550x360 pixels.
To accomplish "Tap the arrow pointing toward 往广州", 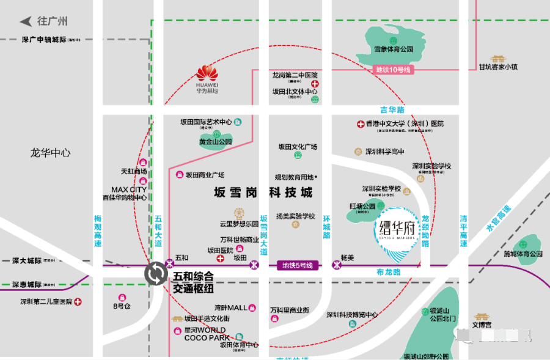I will coord(26,21).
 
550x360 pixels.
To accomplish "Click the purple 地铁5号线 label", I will coord(298,266).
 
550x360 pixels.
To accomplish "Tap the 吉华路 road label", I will coord(392,110).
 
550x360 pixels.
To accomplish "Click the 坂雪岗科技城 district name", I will coord(263,193).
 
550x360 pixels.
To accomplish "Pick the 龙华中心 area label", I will coord(50,153).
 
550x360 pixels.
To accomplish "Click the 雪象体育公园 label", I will coord(394,50).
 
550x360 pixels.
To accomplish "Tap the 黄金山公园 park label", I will coord(215,142).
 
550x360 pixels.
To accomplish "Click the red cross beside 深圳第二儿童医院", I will coord(78,302).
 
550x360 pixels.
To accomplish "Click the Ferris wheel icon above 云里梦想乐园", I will coord(240,214).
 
